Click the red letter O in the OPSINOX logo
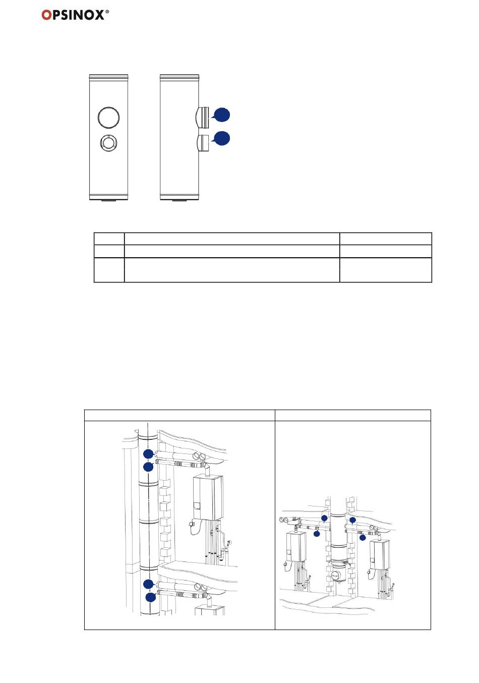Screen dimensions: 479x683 point(46,15)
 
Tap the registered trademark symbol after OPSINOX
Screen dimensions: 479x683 point(107,12)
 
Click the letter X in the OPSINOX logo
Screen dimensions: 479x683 point(98,15)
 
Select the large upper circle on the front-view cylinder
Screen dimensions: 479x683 point(108,118)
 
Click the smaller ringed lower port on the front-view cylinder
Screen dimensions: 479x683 point(108,142)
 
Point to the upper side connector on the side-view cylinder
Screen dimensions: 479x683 point(202,118)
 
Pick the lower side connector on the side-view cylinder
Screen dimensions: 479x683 point(203,143)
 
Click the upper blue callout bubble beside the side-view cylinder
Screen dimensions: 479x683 point(221,115)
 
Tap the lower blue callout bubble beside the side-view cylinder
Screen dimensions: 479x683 point(222,138)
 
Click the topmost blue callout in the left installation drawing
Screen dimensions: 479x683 point(148,453)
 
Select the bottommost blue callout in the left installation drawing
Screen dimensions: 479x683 point(150,597)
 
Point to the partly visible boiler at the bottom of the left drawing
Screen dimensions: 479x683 point(210,610)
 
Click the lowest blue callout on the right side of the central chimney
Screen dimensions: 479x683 point(363,538)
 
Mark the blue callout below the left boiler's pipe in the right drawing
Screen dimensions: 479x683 point(317,534)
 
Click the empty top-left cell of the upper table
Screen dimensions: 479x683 point(109,239)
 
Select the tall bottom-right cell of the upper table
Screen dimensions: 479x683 point(385,270)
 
